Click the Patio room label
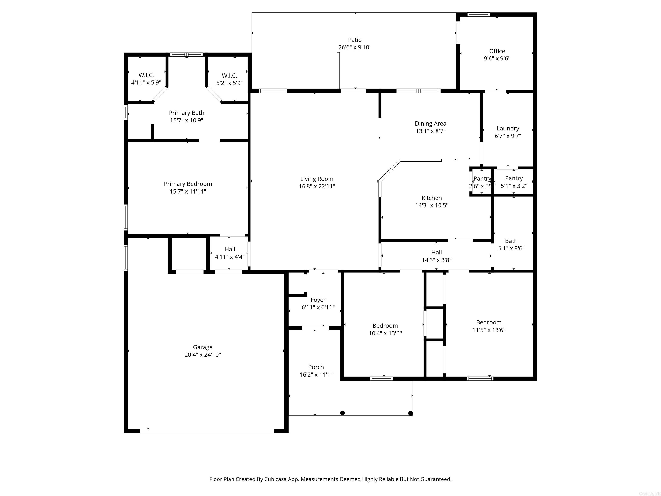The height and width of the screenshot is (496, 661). pos(355,40)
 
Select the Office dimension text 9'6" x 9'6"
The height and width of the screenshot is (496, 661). pos(497,59)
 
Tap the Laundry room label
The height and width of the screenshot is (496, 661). pos(508,128)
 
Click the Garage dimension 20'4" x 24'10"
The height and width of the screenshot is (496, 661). pos(203,355)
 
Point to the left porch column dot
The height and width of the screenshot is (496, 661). pos(343,413)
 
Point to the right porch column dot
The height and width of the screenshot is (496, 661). pos(411,414)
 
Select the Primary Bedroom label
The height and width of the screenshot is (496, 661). pos(188,184)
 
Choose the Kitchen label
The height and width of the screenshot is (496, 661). pos(431,198)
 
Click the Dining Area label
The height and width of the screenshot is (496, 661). pos(430,124)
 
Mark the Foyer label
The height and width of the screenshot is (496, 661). pos(318,300)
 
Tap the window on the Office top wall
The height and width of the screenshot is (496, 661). pos(478,14)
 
